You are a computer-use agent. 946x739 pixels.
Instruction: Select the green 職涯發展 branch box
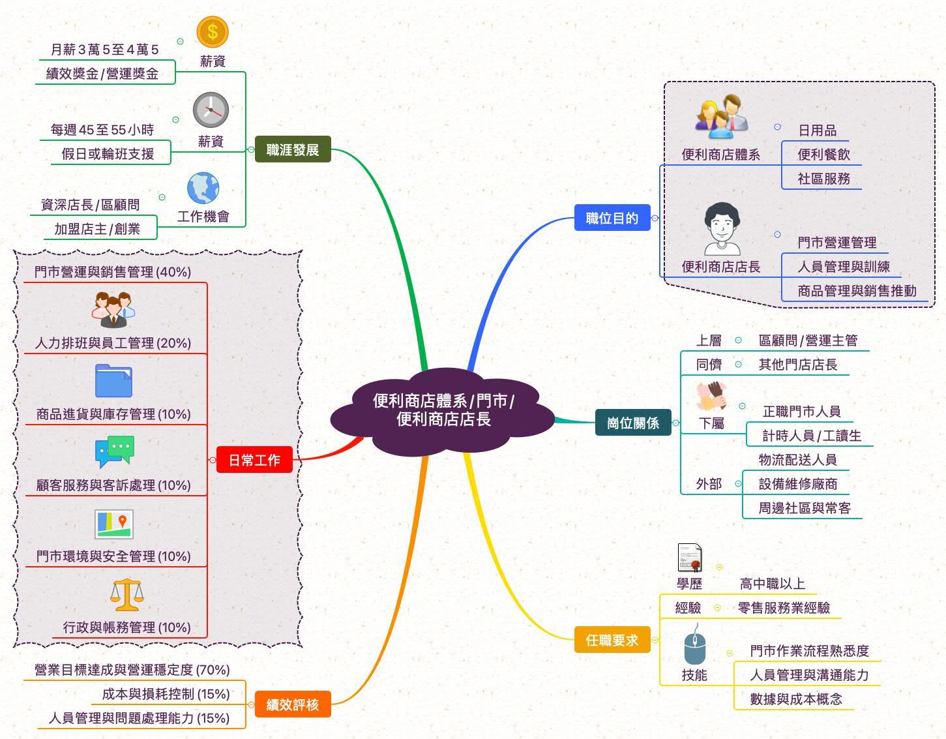coord(293,149)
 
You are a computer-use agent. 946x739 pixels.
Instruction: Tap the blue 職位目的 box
coord(612,218)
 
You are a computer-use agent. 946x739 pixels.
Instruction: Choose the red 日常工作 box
coord(254,460)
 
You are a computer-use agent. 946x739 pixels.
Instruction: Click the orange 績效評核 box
coord(293,704)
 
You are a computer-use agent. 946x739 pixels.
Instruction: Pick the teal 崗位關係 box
coord(633,423)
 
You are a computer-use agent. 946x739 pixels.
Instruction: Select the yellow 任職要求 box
coord(612,640)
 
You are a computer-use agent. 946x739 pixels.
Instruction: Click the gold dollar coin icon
coord(212,31)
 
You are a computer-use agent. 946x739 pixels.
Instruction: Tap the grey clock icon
coord(211,110)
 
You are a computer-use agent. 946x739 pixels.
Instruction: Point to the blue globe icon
coord(203,189)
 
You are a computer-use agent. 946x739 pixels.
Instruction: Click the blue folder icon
coord(113,381)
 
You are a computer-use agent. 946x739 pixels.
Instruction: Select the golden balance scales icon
coord(126,594)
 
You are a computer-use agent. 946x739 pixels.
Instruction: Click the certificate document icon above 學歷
coord(690,558)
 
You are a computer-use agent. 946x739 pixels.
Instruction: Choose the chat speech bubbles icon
coord(114,451)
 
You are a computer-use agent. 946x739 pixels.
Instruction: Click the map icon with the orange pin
coord(113,524)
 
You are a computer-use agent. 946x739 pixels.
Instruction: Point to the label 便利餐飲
coord(823,155)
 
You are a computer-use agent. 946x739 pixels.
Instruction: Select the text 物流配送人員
coord(797,460)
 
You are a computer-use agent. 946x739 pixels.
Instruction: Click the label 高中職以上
coord(773,584)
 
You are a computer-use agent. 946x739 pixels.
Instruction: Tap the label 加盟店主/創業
coord(97,229)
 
